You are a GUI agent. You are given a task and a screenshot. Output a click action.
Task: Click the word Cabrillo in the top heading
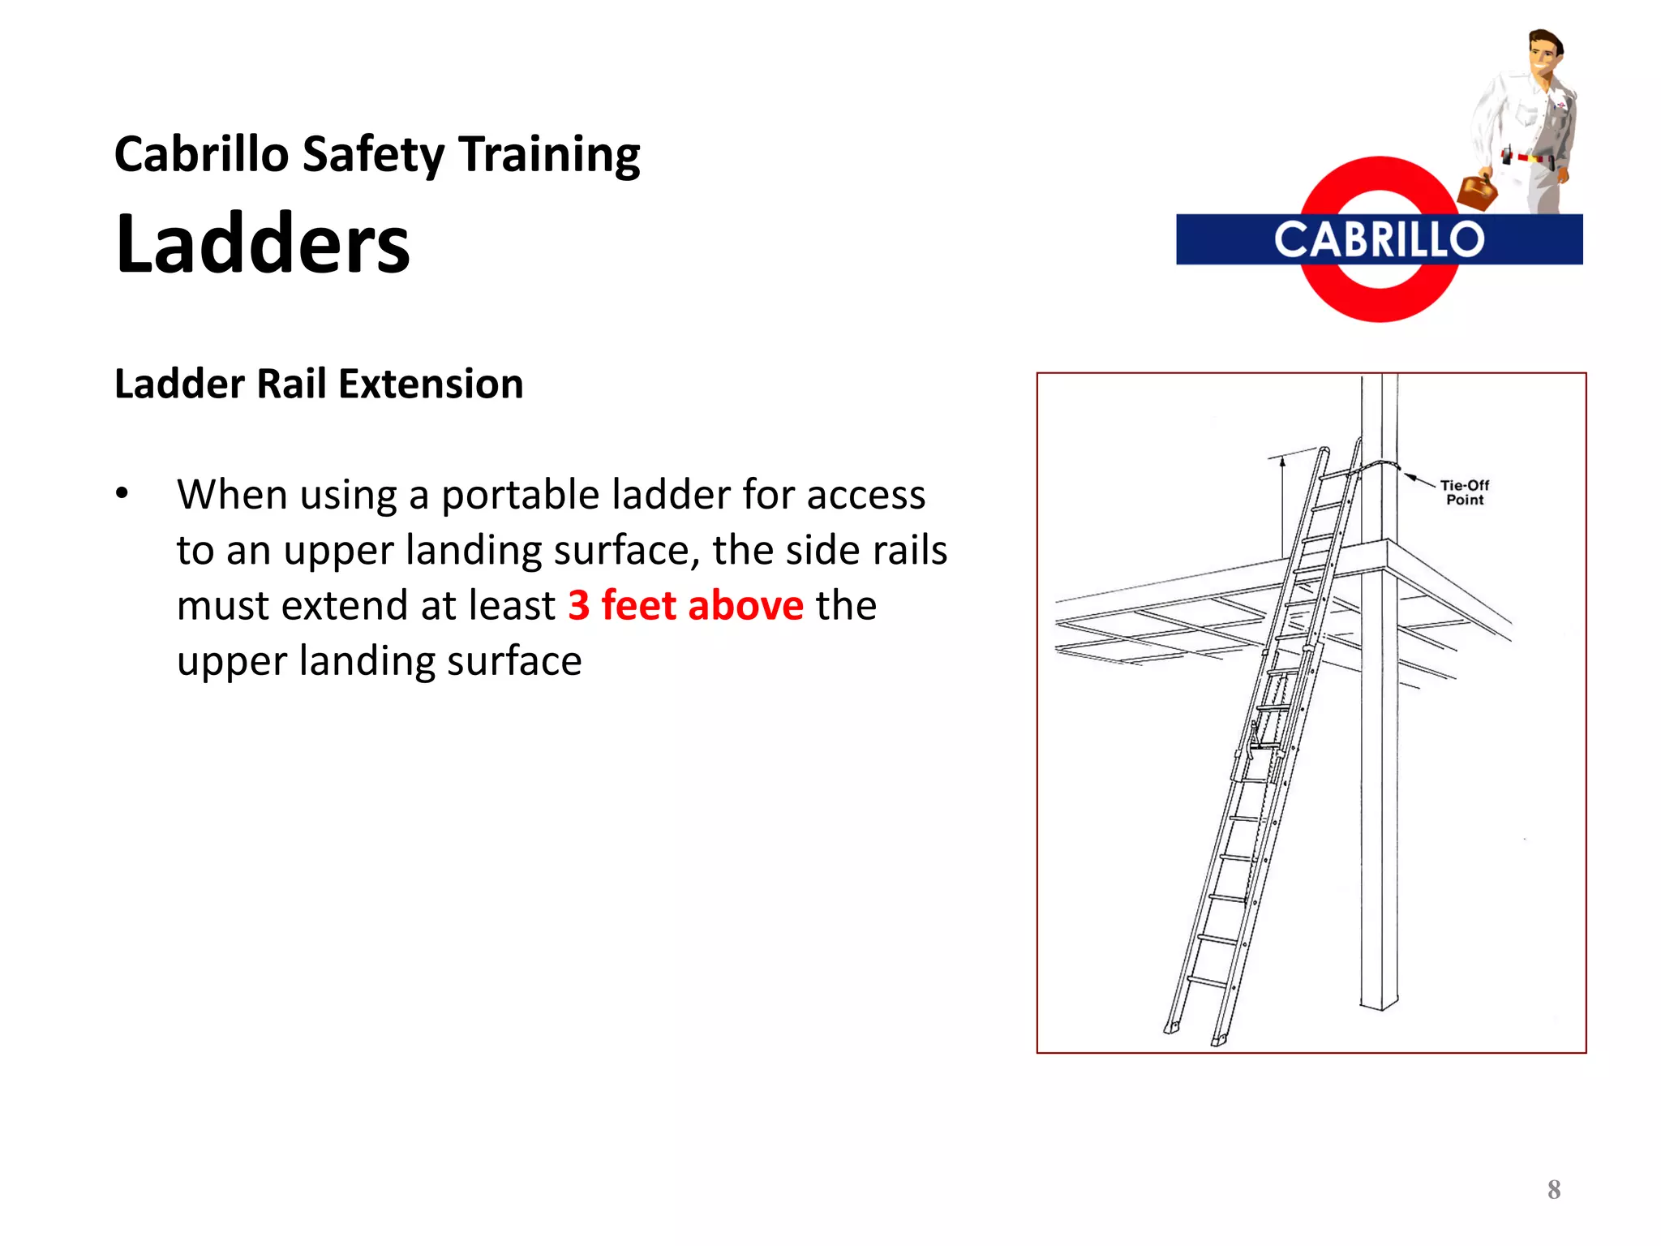(x=201, y=154)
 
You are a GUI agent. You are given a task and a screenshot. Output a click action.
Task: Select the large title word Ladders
(x=263, y=243)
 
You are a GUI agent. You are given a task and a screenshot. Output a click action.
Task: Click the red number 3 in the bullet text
(x=578, y=606)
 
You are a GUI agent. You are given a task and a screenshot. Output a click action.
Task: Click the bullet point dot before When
(x=122, y=493)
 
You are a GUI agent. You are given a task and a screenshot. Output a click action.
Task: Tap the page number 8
(x=1553, y=1190)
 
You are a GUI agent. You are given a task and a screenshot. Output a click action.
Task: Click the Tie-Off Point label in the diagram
(x=1464, y=492)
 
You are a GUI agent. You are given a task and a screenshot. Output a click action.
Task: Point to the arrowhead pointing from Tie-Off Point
(x=1410, y=476)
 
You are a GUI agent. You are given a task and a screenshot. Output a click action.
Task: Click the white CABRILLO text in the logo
(x=1379, y=240)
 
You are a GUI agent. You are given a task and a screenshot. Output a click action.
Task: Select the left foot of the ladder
(x=1172, y=1029)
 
